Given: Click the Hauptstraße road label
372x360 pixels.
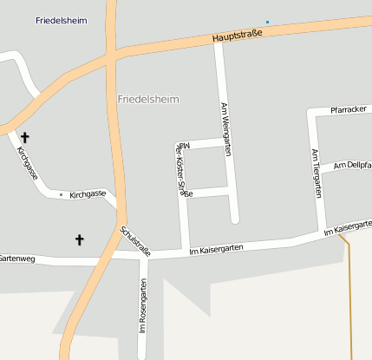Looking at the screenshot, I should [x=238, y=37].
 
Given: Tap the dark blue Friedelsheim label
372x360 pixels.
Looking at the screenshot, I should [x=62, y=21].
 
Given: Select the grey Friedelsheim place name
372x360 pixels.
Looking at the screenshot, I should [x=148, y=100].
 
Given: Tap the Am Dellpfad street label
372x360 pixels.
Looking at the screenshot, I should [x=352, y=165].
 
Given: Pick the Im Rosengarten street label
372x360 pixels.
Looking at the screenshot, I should [x=143, y=304].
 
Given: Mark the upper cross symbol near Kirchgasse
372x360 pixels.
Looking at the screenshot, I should [x=24, y=137].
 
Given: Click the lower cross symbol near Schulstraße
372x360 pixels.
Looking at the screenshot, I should [x=80, y=239].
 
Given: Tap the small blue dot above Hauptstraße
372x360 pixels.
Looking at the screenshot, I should [x=268, y=22].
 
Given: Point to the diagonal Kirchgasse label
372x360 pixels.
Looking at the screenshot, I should [x=28, y=162].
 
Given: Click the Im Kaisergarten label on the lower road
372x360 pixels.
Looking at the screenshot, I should [x=216, y=249].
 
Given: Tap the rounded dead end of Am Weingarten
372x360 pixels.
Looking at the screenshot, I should [x=233, y=219].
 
